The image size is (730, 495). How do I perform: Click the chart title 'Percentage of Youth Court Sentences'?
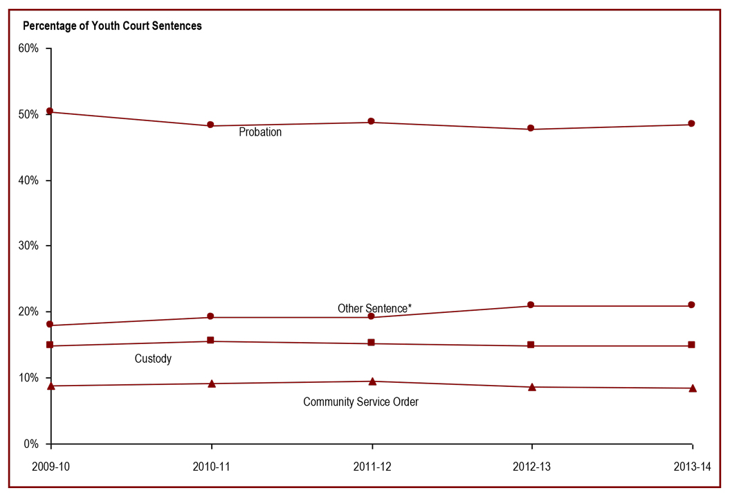[x=112, y=26]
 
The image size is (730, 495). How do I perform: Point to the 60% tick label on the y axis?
[x=28, y=49]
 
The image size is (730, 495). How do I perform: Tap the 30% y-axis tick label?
[x=28, y=246]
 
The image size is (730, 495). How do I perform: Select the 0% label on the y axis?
[x=31, y=444]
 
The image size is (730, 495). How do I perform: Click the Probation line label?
[x=260, y=132]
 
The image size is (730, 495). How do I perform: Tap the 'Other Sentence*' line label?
[x=374, y=309]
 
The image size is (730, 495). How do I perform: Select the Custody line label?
[x=153, y=359]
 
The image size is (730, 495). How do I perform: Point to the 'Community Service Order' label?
[x=361, y=402]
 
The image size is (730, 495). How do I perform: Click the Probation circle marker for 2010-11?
[x=211, y=125]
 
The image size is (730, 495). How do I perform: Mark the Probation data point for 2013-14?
[x=691, y=124]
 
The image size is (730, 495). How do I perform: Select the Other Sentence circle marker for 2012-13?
[x=531, y=305]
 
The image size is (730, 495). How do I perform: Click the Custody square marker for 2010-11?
[x=211, y=341]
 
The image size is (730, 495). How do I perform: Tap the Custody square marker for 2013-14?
[x=691, y=345]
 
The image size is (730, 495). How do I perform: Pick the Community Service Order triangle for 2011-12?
[x=372, y=381]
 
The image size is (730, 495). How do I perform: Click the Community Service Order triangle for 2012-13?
[x=531, y=387]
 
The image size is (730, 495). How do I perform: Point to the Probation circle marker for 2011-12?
[x=372, y=122]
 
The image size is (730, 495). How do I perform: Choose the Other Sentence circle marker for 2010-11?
[x=211, y=317]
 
